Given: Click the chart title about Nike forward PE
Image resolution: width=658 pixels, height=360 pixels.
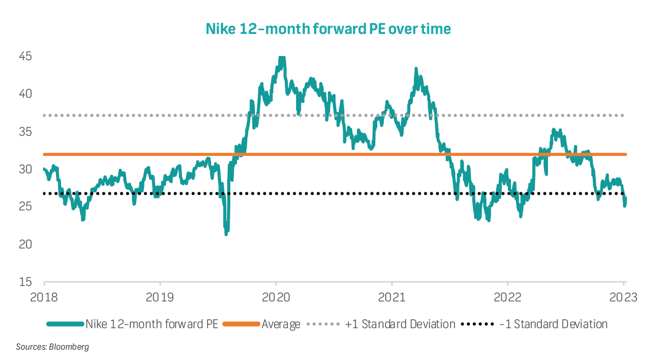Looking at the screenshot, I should pyautogui.click(x=328, y=29).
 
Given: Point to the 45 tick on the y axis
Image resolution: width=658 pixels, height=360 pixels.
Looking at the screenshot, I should pyautogui.click(x=25, y=56).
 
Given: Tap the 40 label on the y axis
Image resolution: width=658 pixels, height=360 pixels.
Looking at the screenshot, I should pyautogui.click(x=25, y=94).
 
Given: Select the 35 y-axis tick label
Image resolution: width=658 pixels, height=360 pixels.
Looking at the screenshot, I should pyautogui.click(x=25, y=132).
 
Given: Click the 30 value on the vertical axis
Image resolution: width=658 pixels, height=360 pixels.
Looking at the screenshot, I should pyautogui.click(x=25, y=169).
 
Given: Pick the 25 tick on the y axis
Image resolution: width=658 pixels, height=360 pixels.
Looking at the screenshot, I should pyautogui.click(x=25, y=207).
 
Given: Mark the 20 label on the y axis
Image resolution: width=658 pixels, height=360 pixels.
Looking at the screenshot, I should pyautogui.click(x=25, y=244).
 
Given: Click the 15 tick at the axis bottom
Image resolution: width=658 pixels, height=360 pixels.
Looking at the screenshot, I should pyautogui.click(x=25, y=282).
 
